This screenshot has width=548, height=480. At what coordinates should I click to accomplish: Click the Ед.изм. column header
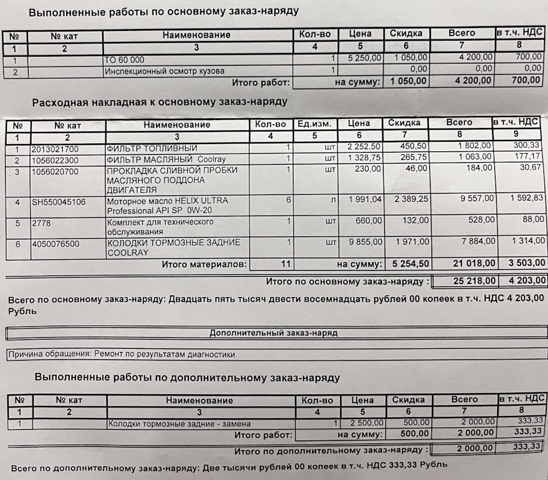[x=314, y=124]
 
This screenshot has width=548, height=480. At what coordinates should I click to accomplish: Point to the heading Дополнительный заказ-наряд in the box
[x=273, y=333]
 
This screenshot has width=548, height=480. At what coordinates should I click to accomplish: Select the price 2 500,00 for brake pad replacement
[x=363, y=423]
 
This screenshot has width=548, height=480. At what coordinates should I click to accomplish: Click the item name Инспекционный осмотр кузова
[x=164, y=71]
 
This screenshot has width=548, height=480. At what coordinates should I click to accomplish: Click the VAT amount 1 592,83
[x=525, y=198]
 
